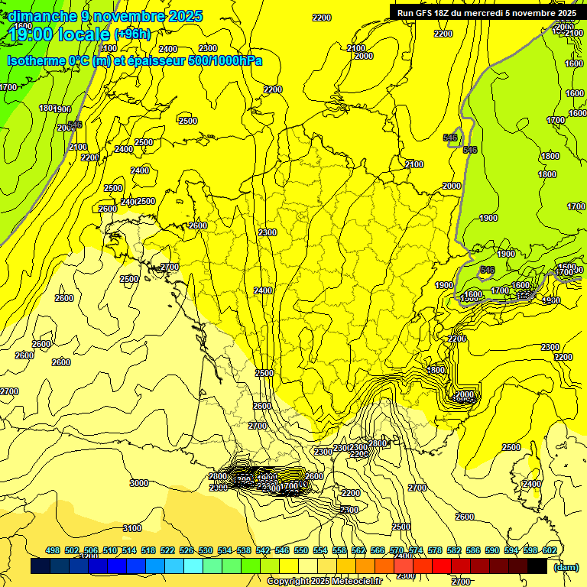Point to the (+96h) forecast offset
click(x=132, y=34)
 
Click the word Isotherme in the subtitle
click(x=35, y=60)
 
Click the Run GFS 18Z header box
click(x=486, y=13)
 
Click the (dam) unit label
click(x=566, y=566)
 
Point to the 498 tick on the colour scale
click(x=53, y=550)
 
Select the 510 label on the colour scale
click(x=110, y=550)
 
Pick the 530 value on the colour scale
click(x=205, y=550)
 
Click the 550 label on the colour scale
click(x=300, y=550)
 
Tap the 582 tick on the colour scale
click(x=454, y=550)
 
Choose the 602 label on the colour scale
click(x=549, y=550)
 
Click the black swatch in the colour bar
click(x=538, y=566)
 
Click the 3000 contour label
click(x=138, y=483)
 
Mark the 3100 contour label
click(x=132, y=528)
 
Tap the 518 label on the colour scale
click(x=148, y=550)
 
